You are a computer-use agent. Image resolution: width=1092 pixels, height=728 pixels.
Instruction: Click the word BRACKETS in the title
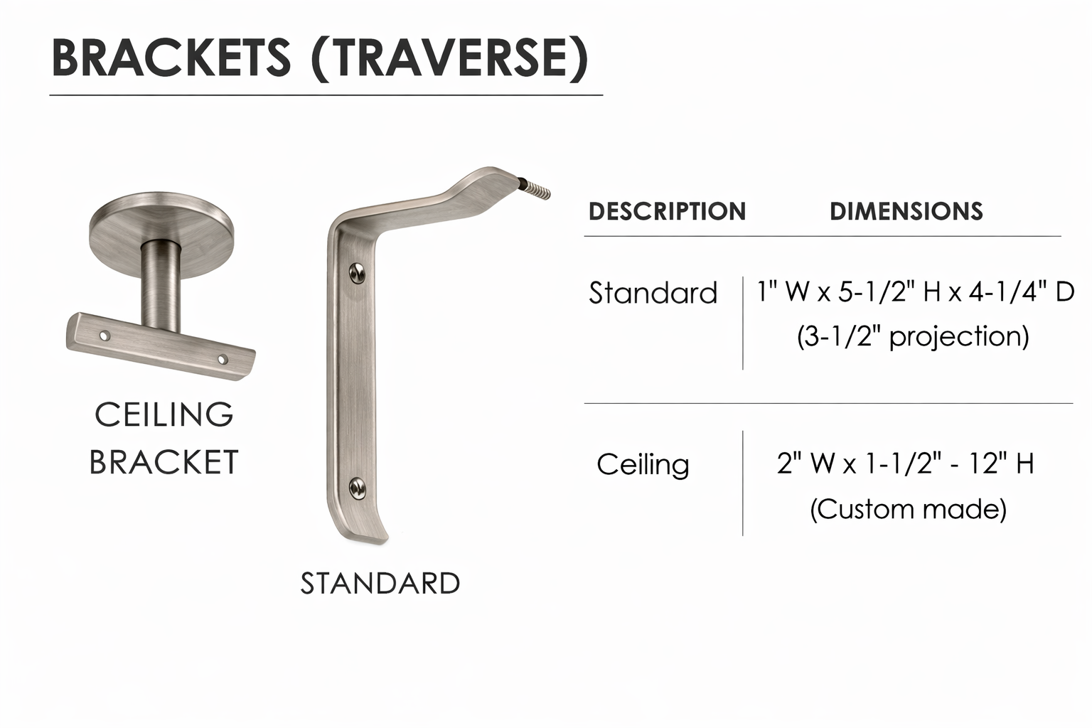pyautogui.click(x=171, y=58)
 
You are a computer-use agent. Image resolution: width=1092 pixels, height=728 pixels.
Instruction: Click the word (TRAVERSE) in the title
pyautogui.click(x=450, y=58)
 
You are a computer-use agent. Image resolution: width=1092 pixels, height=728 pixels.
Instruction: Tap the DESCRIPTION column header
pyautogui.click(x=667, y=211)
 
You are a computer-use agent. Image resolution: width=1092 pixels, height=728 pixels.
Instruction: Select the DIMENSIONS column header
pyautogui.click(x=906, y=211)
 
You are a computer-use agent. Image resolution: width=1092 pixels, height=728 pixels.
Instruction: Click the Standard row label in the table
pyautogui.click(x=653, y=293)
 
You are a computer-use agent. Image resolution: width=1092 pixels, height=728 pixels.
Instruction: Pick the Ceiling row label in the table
pyautogui.click(x=643, y=464)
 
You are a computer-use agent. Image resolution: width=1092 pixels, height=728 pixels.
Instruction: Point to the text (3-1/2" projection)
pyautogui.click(x=913, y=336)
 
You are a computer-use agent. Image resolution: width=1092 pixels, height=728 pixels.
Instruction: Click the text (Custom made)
pyautogui.click(x=908, y=509)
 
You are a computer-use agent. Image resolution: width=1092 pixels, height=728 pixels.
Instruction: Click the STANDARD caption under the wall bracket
pyautogui.click(x=380, y=583)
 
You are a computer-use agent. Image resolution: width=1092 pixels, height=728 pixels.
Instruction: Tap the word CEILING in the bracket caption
pyautogui.click(x=164, y=414)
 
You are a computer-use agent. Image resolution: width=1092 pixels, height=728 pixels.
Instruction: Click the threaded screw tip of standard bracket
pyautogui.click(x=537, y=190)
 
